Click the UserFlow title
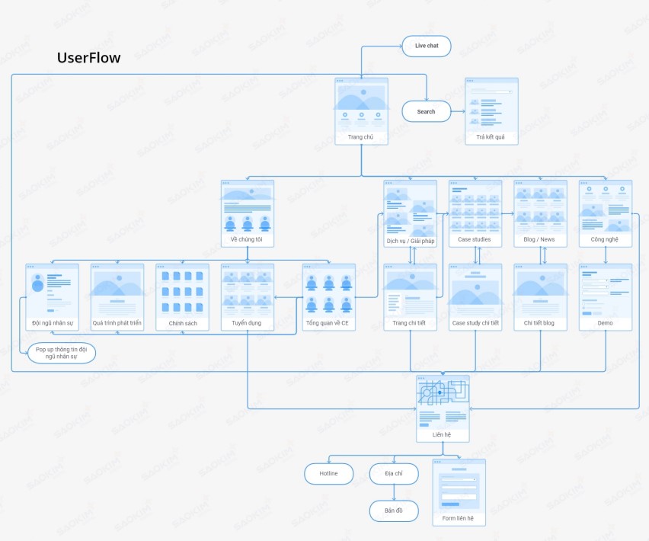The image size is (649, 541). tap(88, 58)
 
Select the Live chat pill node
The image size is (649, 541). tap(427, 46)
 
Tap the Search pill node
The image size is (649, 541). tap(426, 111)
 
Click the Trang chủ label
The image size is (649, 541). tap(361, 137)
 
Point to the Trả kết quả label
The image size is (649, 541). tap(491, 137)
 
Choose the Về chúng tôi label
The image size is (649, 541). tap(247, 239)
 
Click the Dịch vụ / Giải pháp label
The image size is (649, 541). tap(410, 240)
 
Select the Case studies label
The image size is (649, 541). tap(475, 239)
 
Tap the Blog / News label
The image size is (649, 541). tap(540, 239)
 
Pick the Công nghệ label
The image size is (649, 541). tap(605, 239)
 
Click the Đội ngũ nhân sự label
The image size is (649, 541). tap(52, 323)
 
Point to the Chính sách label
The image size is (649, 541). tap(182, 323)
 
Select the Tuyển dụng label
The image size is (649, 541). tap(247, 323)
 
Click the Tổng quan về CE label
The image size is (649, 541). tap(328, 323)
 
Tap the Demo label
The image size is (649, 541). tap(605, 323)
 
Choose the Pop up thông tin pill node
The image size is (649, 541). tap(62, 353)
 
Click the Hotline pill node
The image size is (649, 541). tap(328, 473)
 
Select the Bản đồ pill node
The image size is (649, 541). tap(394, 511)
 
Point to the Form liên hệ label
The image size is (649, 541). tap(459, 518)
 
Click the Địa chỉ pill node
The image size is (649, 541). tap(394, 473)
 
